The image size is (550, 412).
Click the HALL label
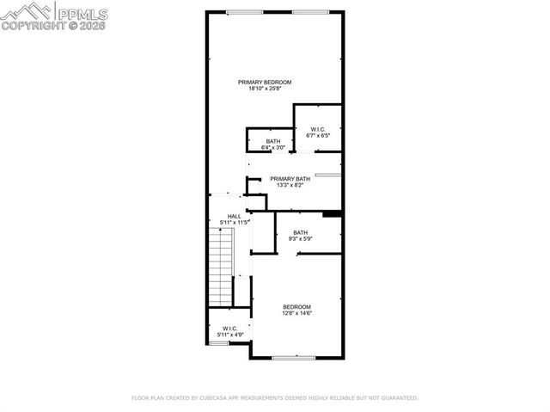click(234, 217)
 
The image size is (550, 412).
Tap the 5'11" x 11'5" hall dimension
click(234, 224)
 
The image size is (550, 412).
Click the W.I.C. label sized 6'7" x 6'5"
click(318, 130)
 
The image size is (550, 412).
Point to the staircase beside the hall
click(223, 267)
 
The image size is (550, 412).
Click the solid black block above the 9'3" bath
click(333, 213)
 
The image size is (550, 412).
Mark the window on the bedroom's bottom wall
click(295, 357)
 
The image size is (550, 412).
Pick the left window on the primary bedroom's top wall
click(245, 11)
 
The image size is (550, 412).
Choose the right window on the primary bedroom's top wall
click(309, 11)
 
